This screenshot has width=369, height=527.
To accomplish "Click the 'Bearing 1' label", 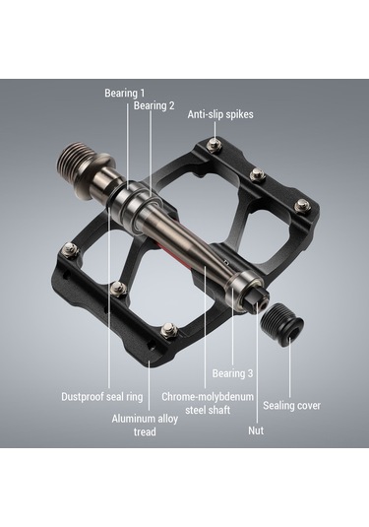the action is [x=125, y=94].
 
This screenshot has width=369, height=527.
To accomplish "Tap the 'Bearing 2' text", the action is [x=154, y=105].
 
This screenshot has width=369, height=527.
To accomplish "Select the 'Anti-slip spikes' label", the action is [x=220, y=114].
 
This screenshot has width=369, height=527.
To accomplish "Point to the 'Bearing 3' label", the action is [x=232, y=373].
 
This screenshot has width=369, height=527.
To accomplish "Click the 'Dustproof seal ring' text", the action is [x=102, y=397].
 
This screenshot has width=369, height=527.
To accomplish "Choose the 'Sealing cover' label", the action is [x=292, y=405].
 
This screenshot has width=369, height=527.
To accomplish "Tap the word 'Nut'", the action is [x=256, y=430].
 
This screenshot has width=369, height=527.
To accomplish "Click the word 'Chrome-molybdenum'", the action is [x=208, y=397].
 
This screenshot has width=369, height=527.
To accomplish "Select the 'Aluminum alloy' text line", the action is [x=145, y=419].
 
